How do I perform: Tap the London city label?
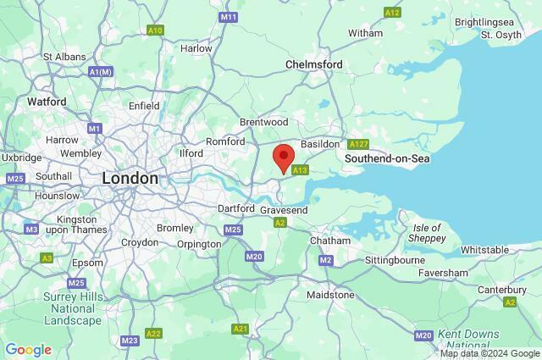tap(130, 179)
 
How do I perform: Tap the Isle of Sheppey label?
tap(427, 234)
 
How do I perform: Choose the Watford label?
tap(47, 102)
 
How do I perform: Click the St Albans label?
tap(64, 56)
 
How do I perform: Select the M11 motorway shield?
tap(228, 17)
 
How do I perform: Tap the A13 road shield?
tap(299, 171)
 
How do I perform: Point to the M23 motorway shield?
tap(130, 341)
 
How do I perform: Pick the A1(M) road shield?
tap(101, 73)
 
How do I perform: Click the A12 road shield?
tap(391, 12)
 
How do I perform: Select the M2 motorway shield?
tap(326, 260)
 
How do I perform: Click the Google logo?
tap(28, 350)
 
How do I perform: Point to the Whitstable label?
tap(484, 250)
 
